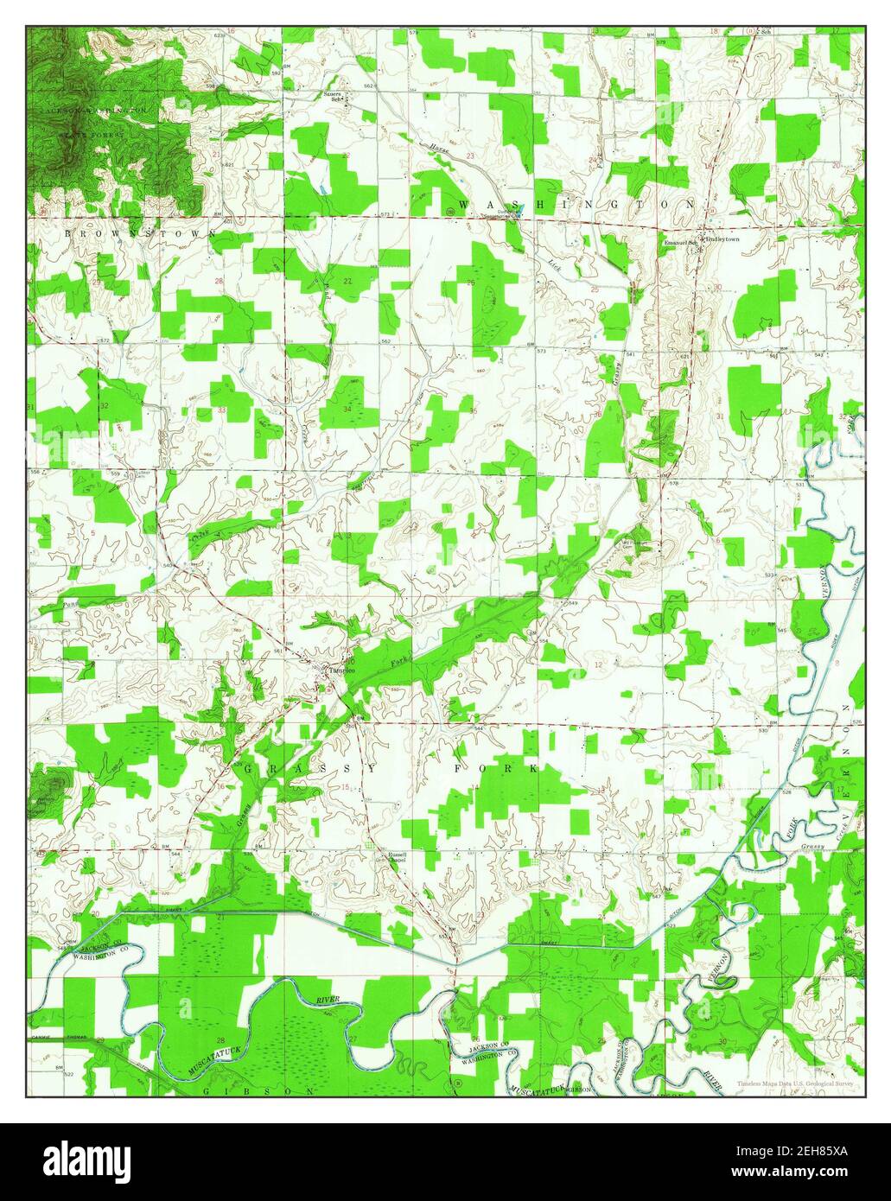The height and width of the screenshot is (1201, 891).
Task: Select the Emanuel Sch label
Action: click(x=680, y=243)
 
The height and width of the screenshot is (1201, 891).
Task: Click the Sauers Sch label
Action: click(x=334, y=93)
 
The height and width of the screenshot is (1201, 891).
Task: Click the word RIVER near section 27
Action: click(x=328, y=1000)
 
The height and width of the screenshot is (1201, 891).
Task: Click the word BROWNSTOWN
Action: click(x=139, y=233)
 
